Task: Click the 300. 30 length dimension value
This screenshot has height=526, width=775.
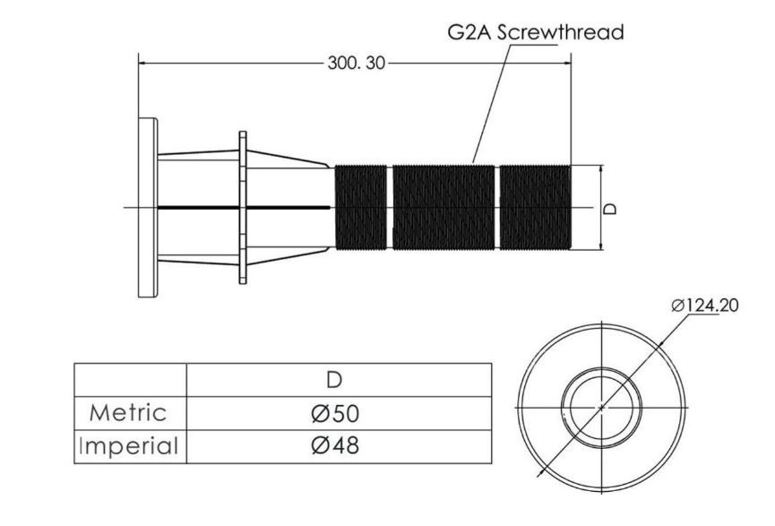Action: click(356, 64)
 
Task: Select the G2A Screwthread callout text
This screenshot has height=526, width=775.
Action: click(536, 32)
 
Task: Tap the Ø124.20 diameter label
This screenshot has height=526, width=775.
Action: click(705, 306)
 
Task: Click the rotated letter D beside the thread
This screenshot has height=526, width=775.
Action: click(611, 208)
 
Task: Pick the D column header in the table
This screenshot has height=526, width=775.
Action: click(334, 380)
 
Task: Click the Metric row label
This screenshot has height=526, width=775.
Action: click(127, 413)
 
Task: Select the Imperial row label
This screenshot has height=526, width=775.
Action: click(128, 446)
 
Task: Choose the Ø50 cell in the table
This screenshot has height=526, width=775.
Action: click(335, 413)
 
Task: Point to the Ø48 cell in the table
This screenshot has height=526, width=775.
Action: click(335, 446)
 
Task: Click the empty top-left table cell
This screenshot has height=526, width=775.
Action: click(131, 380)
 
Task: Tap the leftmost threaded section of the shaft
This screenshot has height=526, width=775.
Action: click(361, 208)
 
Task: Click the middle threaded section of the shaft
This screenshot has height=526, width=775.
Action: click(443, 208)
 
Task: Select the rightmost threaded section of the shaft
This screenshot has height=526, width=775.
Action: click(535, 208)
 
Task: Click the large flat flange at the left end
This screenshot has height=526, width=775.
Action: click(148, 208)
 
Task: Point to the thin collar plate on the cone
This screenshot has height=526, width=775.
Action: click(243, 208)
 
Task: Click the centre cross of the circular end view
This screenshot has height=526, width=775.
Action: click(601, 408)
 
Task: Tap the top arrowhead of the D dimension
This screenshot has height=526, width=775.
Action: click(601, 169)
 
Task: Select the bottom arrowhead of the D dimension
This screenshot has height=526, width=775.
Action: click(601, 246)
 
